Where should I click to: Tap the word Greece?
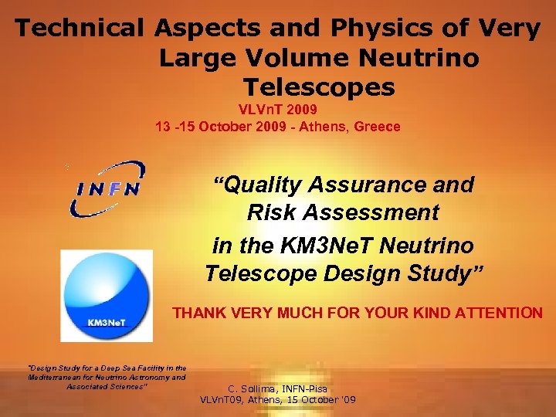pos(377,127)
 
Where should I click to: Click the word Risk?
pos(268,212)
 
